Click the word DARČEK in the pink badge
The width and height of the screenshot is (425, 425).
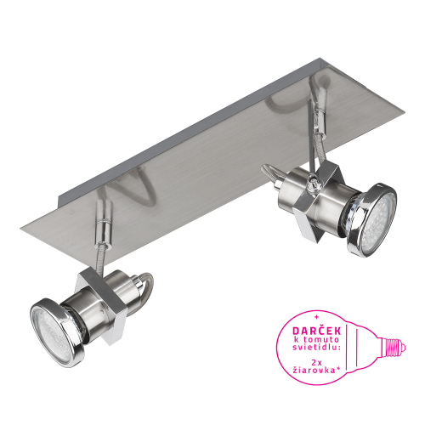[x=316, y=331]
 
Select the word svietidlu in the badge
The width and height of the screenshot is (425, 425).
[x=316, y=348]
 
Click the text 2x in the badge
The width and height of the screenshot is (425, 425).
[x=316, y=362]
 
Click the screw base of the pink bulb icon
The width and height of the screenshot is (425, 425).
[x=394, y=348]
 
